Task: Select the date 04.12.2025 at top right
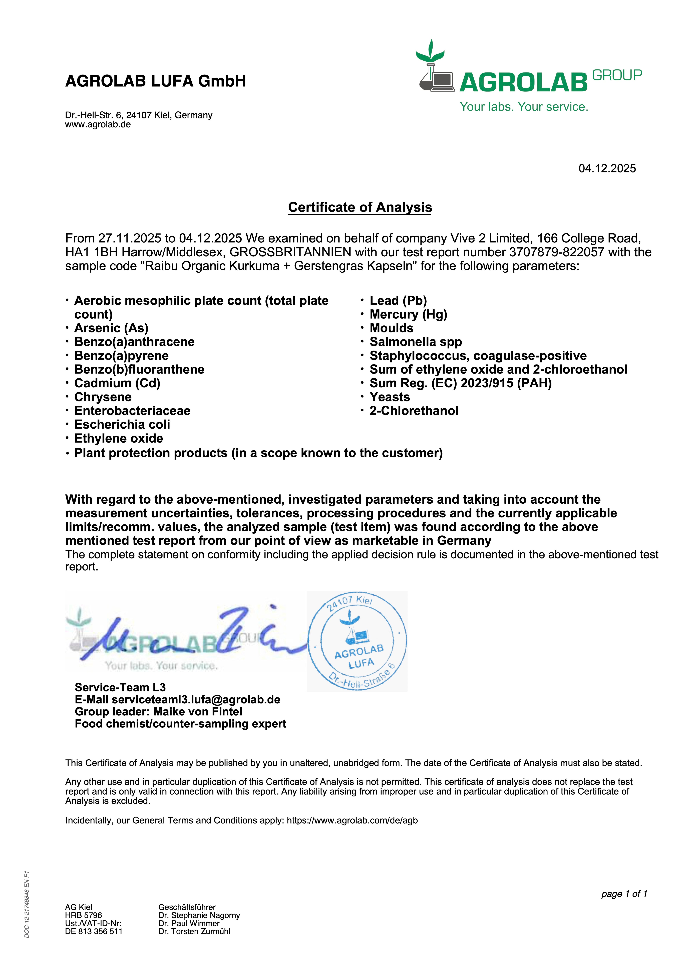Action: (x=607, y=168)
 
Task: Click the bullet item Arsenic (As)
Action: (x=111, y=328)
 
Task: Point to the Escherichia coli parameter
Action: (x=122, y=425)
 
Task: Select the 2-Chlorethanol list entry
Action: (x=414, y=411)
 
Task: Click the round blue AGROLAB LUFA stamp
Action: (x=357, y=641)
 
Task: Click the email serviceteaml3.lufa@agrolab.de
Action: (x=196, y=700)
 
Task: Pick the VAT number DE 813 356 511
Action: (x=94, y=931)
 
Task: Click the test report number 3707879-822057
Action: (x=557, y=252)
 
